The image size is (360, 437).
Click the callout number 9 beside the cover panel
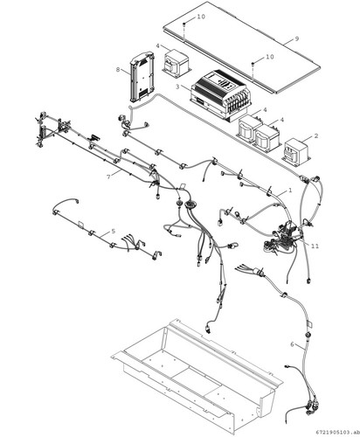coord(297,38)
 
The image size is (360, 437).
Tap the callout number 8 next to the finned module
coord(118,70)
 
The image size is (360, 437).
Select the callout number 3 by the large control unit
coord(177,87)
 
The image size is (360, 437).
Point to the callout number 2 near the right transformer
coord(316,136)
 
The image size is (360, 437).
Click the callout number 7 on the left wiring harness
coord(108,177)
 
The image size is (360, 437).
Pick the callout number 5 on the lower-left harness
coord(113,232)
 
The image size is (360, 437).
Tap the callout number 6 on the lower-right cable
coord(292,344)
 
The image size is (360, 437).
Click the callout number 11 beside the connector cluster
coord(315,246)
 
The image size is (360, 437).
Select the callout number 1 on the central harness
coord(290,191)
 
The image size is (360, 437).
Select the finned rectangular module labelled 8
coord(142,77)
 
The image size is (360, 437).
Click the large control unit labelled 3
coord(220,95)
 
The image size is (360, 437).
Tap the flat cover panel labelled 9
coord(241,47)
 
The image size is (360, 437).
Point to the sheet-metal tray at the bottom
coord(197,376)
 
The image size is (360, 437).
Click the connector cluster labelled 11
coord(282,239)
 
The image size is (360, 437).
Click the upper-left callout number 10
coord(201,17)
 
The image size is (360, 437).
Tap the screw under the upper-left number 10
coord(184,24)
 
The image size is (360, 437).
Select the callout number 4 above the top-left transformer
coord(157,46)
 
